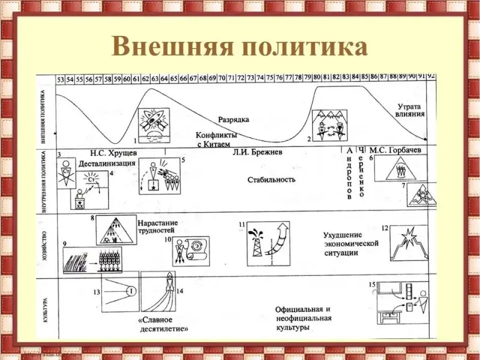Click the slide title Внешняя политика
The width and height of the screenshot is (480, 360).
click(239, 47)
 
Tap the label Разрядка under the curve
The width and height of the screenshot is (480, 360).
click(235, 119)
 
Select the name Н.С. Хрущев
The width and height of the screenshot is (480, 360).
click(113, 153)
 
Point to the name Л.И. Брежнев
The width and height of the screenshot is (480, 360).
click(258, 152)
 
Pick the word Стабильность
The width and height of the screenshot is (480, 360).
click(271, 179)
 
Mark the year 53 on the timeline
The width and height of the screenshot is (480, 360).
click(61, 79)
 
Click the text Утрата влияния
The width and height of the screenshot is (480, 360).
click(411, 110)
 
